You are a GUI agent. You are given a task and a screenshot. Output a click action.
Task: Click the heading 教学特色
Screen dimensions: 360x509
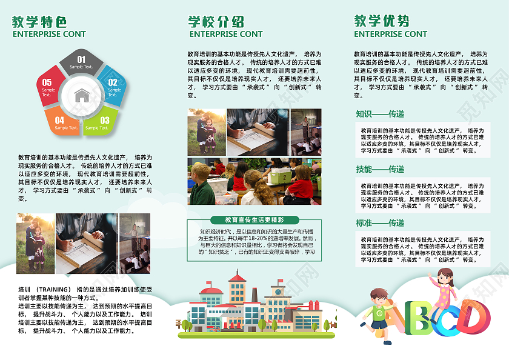coord(39,22)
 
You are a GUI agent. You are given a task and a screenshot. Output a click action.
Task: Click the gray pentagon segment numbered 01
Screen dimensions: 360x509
coord(81,62)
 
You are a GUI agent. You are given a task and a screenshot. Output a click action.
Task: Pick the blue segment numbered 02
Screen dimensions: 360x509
coord(113,87)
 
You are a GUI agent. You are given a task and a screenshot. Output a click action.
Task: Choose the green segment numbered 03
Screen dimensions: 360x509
coord(101,122)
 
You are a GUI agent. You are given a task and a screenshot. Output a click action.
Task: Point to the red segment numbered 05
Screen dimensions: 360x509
coord(47,87)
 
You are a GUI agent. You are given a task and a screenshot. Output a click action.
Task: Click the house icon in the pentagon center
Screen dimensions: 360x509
coord(81,95)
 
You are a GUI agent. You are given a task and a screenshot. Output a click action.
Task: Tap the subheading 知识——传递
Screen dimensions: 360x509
coord(380,114)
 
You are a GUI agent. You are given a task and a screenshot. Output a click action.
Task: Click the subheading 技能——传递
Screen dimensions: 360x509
coord(380,169)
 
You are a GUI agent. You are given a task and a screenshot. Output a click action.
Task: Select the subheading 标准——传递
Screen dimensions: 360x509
coord(380,224)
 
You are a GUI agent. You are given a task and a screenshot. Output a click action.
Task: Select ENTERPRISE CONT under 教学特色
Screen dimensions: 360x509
coord(49,35)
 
